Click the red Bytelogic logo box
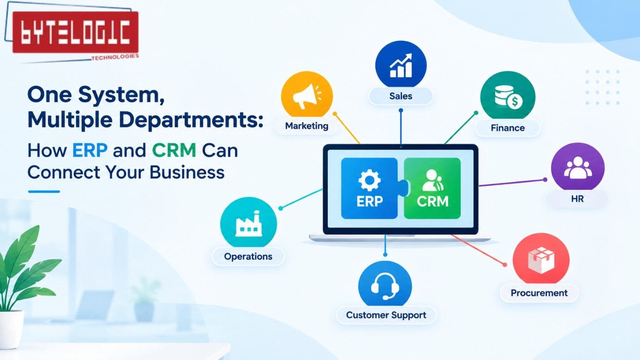pyautogui.click(x=76, y=32)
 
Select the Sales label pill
pyautogui.click(x=401, y=96)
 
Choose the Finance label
pyautogui.click(x=508, y=128)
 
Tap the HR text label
pyautogui.click(x=577, y=199)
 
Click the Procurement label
pyautogui.click(x=539, y=293)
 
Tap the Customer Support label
pyautogui.click(x=386, y=315)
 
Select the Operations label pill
pyautogui.click(x=248, y=257)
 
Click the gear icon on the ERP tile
pyautogui.click(x=369, y=180)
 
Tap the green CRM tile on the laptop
pyautogui.click(x=432, y=189)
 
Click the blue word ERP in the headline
pyautogui.click(x=90, y=151)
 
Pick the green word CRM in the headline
pyautogui.click(x=174, y=151)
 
